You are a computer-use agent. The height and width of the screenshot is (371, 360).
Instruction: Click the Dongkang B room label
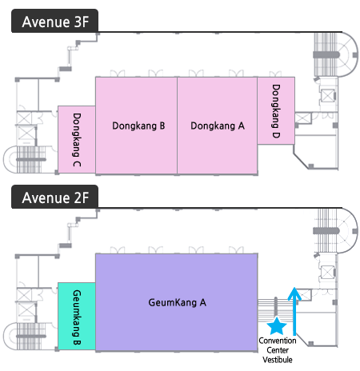[x=138, y=126]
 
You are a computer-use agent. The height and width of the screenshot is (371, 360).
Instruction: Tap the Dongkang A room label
[x=218, y=126]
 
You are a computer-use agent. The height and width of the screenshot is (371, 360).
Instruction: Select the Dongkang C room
[x=77, y=139]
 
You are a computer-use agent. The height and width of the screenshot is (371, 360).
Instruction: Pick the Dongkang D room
[x=276, y=110]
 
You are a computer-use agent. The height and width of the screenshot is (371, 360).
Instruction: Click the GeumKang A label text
[x=177, y=302]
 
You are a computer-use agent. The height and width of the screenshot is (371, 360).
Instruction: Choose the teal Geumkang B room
[x=77, y=316]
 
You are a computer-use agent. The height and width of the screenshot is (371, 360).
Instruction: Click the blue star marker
[x=277, y=326]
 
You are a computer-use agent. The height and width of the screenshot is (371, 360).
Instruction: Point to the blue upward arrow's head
[x=294, y=293]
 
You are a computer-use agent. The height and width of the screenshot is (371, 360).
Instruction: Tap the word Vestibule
[x=278, y=360]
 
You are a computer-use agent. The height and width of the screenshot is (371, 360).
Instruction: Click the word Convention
[x=278, y=341]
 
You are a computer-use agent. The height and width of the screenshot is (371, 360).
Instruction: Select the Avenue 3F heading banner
[x=54, y=21]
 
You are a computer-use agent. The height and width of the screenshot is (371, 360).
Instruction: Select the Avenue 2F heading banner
[x=54, y=197]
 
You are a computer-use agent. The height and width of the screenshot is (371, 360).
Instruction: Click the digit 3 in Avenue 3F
[x=78, y=22]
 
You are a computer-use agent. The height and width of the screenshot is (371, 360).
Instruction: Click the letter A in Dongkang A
[x=242, y=126]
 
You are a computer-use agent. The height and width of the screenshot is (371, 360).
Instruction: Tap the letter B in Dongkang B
[x=162, y=126]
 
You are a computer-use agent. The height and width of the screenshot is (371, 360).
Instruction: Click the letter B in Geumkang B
[x=77, y=341]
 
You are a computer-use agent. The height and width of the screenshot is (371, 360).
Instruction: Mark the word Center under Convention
[x=278, y=350]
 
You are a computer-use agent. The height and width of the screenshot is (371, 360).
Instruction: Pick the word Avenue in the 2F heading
[x=46, y=197]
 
